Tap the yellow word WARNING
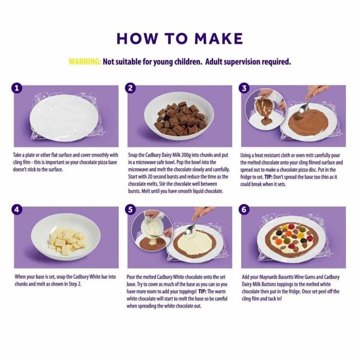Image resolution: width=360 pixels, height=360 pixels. tap(85, 62)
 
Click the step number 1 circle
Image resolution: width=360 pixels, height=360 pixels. tap(18, 88)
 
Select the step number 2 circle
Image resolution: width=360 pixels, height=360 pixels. tap(131, 88)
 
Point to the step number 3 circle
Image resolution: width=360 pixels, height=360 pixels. tap(245, 88)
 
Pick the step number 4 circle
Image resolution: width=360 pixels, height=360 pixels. tap(18, 210)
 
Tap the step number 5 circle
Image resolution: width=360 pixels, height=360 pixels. tap(131, 210)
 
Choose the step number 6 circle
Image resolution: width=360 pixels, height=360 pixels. tap(245, 210)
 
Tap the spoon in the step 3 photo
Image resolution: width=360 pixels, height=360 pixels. tap(308, 103)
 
